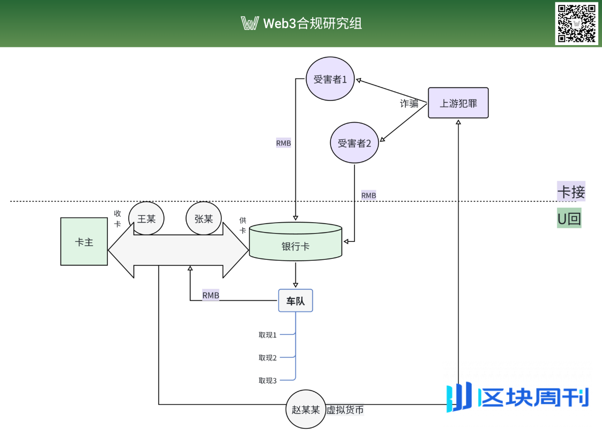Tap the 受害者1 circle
tap(330, 79)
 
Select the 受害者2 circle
tap(354, 143)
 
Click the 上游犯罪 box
tap(458, 103)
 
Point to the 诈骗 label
tap(409, 104)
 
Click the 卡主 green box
tap(84, 241)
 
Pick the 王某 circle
tap(146, 218)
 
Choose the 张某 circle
tap(204, 218)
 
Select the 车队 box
tap(295, 301)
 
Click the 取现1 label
tap(268, 335)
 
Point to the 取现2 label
tap(268, 358)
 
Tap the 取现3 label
tap(268, 381)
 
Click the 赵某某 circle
tap(306, 409)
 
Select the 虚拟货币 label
tap(345, 410)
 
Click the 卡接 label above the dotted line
tap(571, 192)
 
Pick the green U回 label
tap(569, 218)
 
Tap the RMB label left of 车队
tap(211, 295)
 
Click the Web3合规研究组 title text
tap(313, 23)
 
